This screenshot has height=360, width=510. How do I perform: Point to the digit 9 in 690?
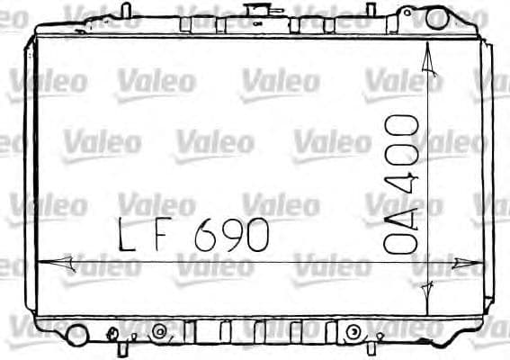coord(233,235)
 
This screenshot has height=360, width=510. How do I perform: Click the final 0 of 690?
coord(257,236)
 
